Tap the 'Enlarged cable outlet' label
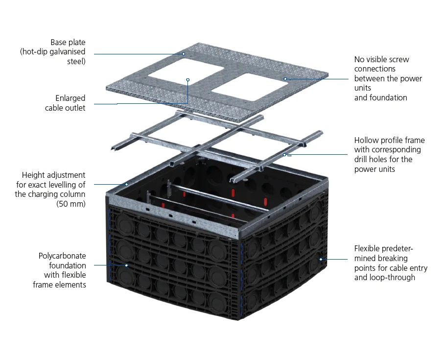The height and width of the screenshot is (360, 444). [65, 103]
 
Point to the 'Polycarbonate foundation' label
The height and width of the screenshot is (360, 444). [62, 270]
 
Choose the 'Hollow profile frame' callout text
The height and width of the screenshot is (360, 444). [389, 154]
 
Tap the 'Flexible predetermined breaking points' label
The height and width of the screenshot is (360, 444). [391, 263]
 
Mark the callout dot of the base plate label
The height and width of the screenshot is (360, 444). [184, 53]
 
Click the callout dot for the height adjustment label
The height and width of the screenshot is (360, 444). [127, 184]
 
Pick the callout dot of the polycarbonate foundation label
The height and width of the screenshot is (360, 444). [127, 265]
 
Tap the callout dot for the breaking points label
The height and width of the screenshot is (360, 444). [321, 259]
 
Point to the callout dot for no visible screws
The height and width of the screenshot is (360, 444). [285, 79]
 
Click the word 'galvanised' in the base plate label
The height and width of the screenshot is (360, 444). [67, 52]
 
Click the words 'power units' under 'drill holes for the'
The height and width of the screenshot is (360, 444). [374, 169]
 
